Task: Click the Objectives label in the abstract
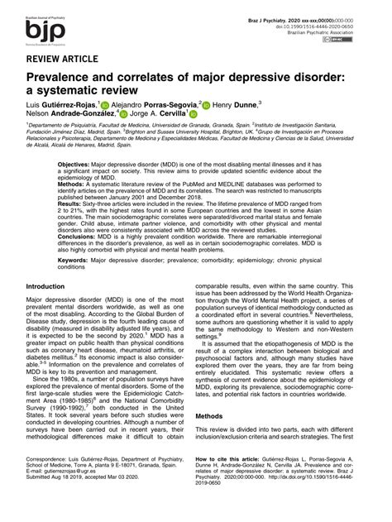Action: (x=76, y=165)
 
